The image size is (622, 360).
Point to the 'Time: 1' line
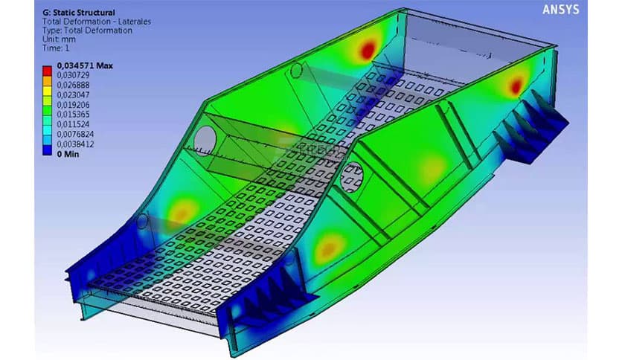[x=59, y=48]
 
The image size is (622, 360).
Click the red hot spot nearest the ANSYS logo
[x=515, y=86]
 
